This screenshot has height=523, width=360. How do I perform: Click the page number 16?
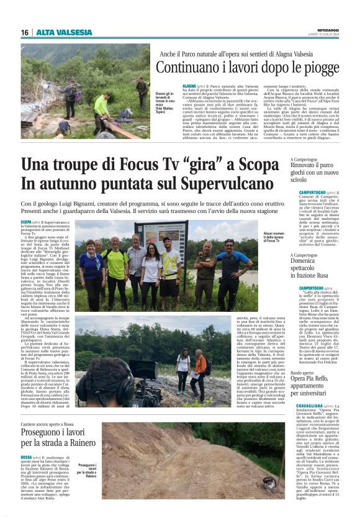25,32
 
